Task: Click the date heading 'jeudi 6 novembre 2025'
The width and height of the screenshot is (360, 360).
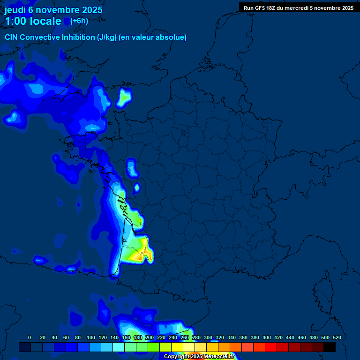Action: point(53,10)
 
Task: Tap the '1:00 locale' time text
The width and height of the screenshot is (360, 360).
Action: point(33,21)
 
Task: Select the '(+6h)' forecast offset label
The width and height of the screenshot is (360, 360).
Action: point(79,21)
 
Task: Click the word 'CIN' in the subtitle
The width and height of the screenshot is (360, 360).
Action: point(12,37)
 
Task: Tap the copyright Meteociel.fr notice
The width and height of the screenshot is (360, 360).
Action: point(199,356)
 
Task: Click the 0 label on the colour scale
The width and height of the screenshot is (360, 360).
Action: point(30,337)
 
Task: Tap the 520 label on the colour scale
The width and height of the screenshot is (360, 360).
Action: point(337,337)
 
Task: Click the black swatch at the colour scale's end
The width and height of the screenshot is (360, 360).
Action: point(330,347)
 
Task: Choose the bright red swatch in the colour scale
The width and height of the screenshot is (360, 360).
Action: point(271,347)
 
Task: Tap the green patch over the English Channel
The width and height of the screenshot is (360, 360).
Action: point(124,97)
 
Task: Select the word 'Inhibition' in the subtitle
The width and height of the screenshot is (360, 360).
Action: point(76,37)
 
